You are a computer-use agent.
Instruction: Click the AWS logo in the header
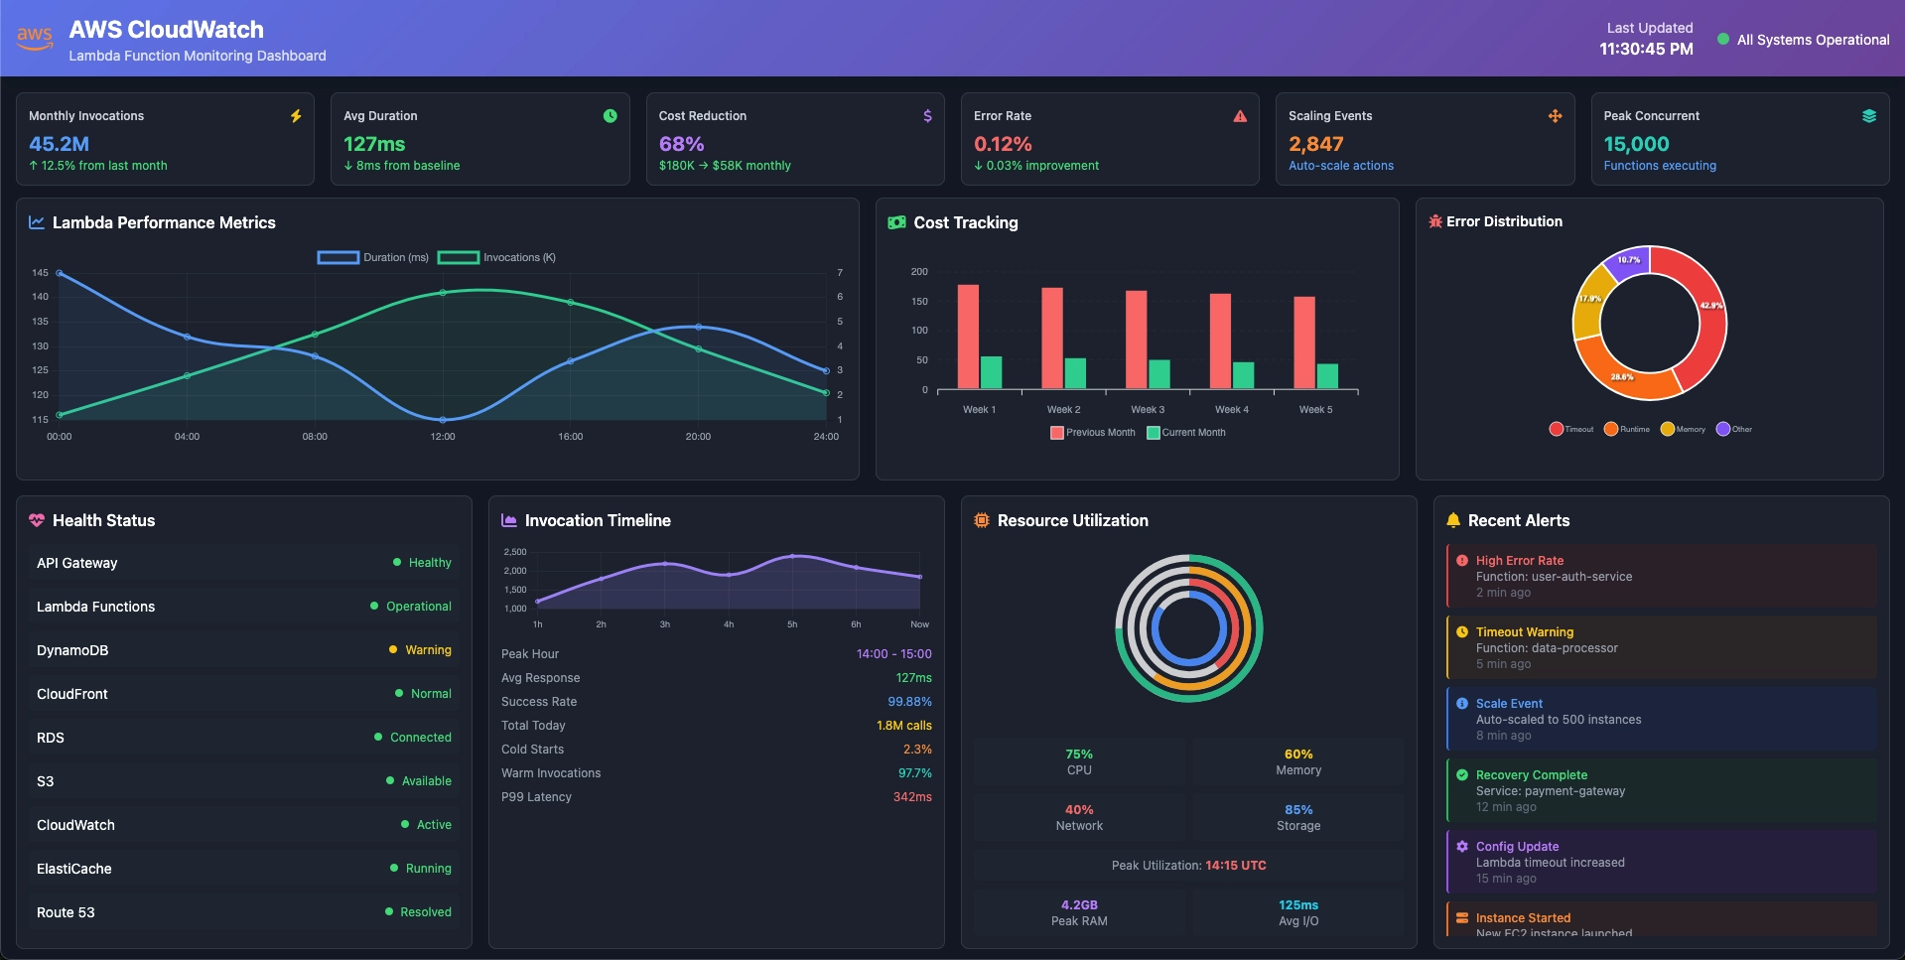coord(35,38)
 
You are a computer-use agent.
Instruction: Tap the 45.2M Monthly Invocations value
coord(59,144)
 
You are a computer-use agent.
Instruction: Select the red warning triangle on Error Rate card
coord(1240,116)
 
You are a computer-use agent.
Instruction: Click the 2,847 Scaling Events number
coord(1315,144)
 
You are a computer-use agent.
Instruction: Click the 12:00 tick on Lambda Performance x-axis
coord(443,437)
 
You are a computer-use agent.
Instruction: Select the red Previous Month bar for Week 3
coord(1136,339)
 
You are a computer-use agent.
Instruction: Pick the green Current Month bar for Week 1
coord(991,372)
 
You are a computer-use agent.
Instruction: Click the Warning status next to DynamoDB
coord(428,650)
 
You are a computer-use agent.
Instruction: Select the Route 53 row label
coord(66,912)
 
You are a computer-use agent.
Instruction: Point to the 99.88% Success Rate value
coord(909,702)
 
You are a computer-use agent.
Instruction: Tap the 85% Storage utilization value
coord(1298,810)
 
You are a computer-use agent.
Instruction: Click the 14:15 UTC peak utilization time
coord(1236,866)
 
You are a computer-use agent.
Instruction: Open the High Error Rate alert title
coord(1519,561)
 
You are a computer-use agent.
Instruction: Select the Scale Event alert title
coord(1509,704)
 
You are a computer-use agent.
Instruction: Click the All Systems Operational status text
coord(1813,40)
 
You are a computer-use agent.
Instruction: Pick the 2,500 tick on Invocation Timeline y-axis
coord(515,552)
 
